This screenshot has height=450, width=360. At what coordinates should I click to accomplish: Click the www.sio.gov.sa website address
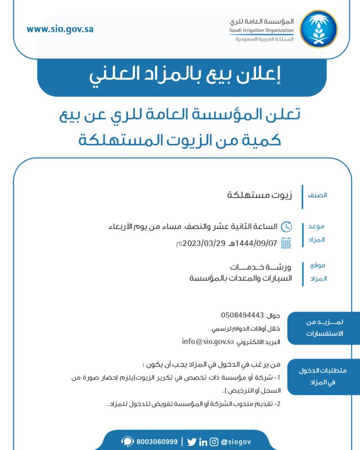[x=60, y=29]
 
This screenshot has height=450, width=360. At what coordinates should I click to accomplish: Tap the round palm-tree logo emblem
[x=319, y=29]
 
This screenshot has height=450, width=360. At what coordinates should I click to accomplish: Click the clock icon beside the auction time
[x=286, y=227]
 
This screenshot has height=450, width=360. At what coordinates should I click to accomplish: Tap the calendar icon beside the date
[x=286, y=243]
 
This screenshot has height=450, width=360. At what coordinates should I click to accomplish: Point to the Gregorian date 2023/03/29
[x=205, y=243]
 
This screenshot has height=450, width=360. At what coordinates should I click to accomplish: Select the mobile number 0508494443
[x=242, y=314]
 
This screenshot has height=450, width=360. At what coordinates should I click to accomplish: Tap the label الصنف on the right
[x=318, y=196]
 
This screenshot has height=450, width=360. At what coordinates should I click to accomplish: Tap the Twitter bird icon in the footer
[x=192, y=442]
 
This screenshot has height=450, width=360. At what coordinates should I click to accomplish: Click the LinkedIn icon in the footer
[x=203, y=442]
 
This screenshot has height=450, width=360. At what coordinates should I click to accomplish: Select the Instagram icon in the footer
[x=214, y=442]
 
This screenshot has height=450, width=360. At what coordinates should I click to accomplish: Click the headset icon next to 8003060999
[x=128, y=442]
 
